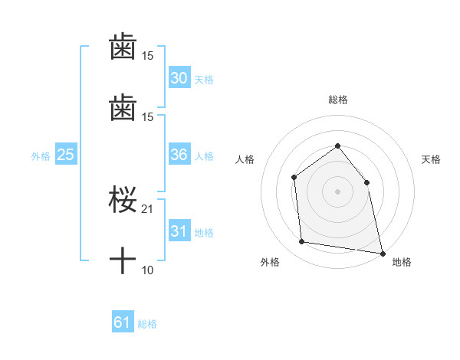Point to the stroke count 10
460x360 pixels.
point(148,270)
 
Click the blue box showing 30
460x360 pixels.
point(179,78)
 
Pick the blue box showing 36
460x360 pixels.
point(179,155)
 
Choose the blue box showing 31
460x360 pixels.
point(179,231)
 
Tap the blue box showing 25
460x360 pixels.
point(66,155)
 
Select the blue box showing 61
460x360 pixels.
point(123,323)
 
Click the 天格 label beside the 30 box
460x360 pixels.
point(204,80)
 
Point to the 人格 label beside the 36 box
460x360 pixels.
point(204,156)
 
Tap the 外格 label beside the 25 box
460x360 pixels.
point(41,156)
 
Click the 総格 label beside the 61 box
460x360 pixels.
point(147,325)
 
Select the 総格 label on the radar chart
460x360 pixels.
point(337,100)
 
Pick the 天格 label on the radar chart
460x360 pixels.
point(431,159)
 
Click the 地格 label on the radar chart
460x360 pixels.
point(402,263)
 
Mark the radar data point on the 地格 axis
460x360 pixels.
point(382,252)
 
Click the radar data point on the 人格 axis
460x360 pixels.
point(294,178)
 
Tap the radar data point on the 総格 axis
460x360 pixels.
point(337,146)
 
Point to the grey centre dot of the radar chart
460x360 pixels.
point(337,191)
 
